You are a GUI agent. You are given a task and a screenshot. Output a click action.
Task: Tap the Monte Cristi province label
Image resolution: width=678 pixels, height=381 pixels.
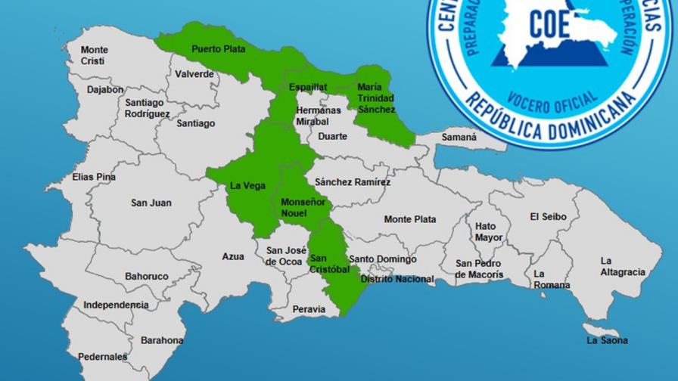tap(95, 55)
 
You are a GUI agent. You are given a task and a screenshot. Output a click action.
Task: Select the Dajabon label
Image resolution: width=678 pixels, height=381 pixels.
tap(104, 89)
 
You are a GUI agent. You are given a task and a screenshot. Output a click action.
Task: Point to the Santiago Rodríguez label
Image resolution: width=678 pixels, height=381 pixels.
tap(148, 108)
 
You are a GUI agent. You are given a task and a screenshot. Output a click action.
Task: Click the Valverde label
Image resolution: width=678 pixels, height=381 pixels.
tap(194, 74)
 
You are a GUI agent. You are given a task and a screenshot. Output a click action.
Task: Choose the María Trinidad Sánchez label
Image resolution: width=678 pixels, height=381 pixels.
tap(376, 98)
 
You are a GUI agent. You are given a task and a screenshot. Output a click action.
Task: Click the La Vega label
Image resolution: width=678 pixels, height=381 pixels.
tap(247, 185)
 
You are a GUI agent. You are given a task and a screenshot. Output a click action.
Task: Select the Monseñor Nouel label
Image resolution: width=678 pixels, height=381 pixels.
tap(303, 208)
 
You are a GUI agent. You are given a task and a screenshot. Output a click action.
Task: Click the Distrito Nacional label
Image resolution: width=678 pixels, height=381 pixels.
tap(397, 279)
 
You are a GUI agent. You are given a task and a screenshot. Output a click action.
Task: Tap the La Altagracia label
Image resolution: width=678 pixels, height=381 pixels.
tap(622, 266)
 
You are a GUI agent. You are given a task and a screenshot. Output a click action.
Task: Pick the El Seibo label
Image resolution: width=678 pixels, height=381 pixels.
tap(548, 216)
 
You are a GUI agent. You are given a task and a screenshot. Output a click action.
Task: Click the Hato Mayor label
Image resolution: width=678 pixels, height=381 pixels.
tap(488, 231)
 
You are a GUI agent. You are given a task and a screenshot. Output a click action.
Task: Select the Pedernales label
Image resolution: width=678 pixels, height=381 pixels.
tap(102, 356)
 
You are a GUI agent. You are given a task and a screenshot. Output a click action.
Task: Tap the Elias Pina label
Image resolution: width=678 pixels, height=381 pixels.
tap(94, 177)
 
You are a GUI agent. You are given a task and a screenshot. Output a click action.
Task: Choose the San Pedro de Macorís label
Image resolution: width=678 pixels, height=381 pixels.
tap(479, 269)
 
